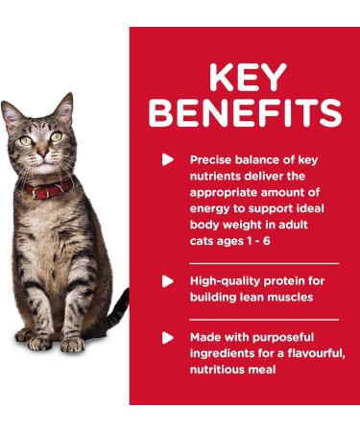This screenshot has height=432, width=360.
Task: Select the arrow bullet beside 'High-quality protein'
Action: click(x=168, y=281)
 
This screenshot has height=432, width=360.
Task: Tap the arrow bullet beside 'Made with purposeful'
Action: click(x=168, y=338)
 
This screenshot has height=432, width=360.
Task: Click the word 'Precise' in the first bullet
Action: click(x=212, y=159)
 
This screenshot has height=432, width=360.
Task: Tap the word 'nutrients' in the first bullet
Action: click(x=220, y=175)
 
